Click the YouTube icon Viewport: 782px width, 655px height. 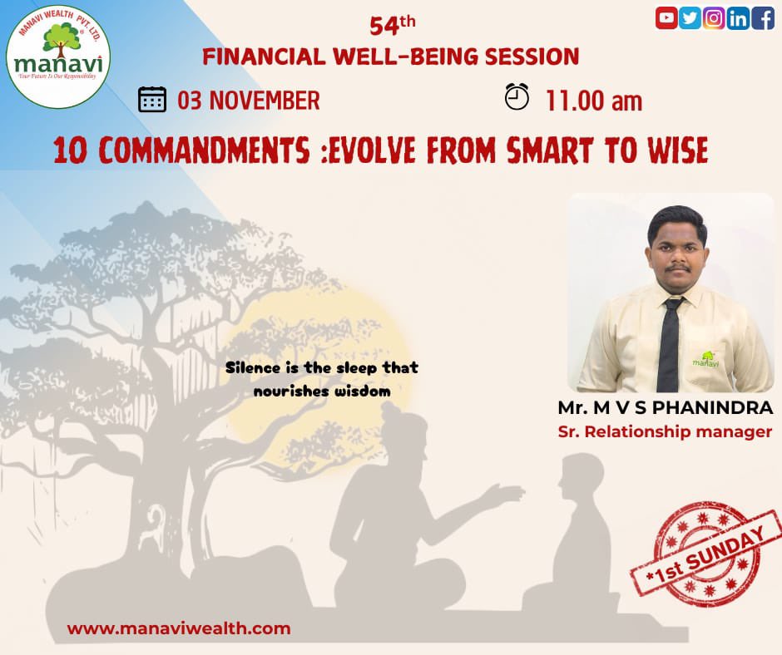[666, 17]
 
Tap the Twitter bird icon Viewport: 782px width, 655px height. [690, 17]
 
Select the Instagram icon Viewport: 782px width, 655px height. [714, 17]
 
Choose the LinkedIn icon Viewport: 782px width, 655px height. [738, 17]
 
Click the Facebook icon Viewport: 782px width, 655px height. [762, 17]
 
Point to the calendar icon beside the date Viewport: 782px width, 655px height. [152, 99]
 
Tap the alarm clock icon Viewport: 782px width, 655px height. [517, 96]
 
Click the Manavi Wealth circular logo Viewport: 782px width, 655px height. [57, 58]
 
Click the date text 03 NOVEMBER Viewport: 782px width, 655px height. [248, 101]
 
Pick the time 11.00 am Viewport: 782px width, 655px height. [593, 101]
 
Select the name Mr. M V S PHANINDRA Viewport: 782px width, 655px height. [666, 409]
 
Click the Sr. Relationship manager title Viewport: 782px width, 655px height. [665, 432]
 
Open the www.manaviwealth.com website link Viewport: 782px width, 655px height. [179, 628]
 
